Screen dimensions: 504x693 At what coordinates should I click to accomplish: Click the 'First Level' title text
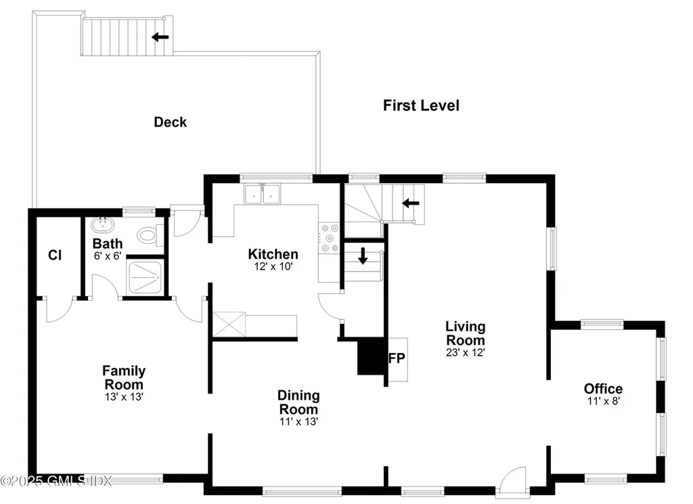coord(421,106)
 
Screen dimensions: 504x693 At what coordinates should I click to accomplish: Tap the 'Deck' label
coord(170,123)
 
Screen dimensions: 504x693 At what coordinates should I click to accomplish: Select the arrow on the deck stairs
coord(160,37)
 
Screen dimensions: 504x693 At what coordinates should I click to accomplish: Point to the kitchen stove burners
coord(330,238)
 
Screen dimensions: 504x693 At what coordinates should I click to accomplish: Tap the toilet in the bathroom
coord(147,236)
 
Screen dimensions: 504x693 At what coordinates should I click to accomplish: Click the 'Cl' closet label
coord(55,255)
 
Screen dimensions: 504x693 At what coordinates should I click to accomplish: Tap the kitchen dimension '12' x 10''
coord(273,267)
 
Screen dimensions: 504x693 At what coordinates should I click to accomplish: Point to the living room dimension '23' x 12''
coord(464,352)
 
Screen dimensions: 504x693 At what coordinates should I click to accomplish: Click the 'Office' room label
coord(603,389)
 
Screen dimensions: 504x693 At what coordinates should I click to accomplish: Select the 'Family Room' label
coord(124,377)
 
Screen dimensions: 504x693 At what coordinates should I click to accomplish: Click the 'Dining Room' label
coord(298,402)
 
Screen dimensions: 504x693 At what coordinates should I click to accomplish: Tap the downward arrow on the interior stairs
coord(363,255)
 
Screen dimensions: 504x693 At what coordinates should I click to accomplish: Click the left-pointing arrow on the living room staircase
coord(410,203)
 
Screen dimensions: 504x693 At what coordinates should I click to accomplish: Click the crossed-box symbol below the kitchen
coord(229,324)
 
